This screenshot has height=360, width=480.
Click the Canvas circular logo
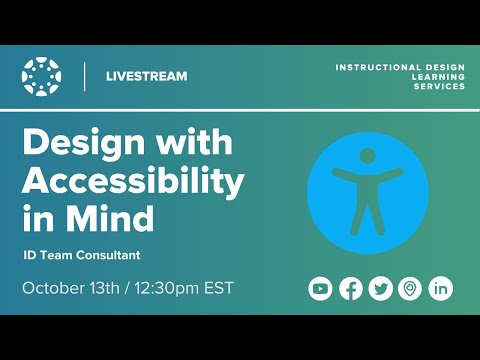click(41, 76)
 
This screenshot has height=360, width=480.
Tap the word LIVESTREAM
click(146, 76)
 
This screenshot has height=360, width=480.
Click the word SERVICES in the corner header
click(439, 86)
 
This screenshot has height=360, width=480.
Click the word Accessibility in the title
click(133, 181)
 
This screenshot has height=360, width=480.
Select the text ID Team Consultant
click(81, 255)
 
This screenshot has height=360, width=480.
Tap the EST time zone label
click(217, 289)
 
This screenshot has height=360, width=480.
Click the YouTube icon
click(320, 289)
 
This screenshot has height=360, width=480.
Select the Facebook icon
click(350, 289)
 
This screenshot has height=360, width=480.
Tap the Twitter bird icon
click(380, 289)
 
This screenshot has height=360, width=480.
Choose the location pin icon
click(409, 289)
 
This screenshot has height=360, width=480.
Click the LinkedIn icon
click(440, 289)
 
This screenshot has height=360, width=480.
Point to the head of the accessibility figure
click(367, 156)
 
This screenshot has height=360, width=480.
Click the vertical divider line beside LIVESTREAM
click(85, 76)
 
